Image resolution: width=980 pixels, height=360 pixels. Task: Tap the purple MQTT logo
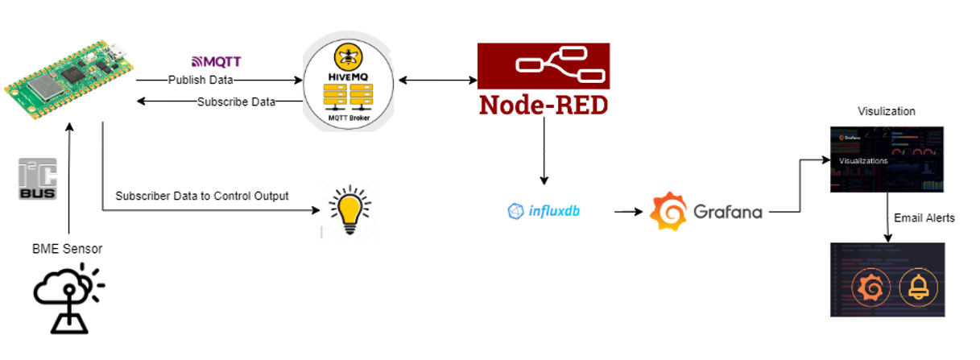pos(216,61)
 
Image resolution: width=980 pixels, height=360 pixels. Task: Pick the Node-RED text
pos(544,106)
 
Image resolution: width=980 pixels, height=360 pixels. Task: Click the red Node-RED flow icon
pos(544,66)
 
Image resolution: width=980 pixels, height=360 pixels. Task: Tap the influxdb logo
pos(544,212)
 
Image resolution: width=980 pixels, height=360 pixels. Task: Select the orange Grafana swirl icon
pos(668,212)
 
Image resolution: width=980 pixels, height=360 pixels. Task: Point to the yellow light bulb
pos(349,209)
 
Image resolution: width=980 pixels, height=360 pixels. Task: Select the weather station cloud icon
pos(68,297)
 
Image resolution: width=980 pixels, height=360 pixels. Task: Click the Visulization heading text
pos(886,111)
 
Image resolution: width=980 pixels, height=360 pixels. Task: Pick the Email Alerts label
pos(924,217)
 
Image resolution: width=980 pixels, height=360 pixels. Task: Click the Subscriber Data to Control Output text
pos(202,196)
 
